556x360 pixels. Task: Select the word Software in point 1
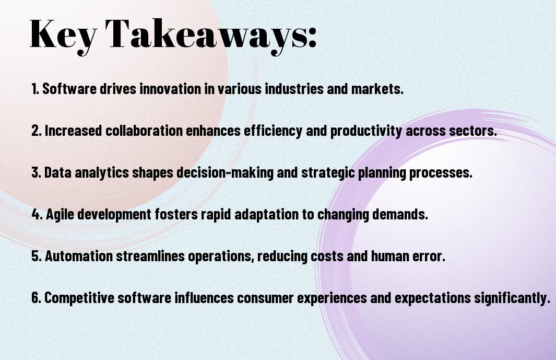(69, 89)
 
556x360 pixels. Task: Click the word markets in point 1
(377, 89)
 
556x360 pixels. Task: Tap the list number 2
(37, 131)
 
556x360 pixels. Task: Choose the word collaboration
(144, 131)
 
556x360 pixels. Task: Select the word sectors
(473, 131)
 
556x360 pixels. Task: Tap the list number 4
(37, 214)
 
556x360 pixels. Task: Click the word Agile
(60, 215)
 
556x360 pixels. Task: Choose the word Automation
(79, 256)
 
